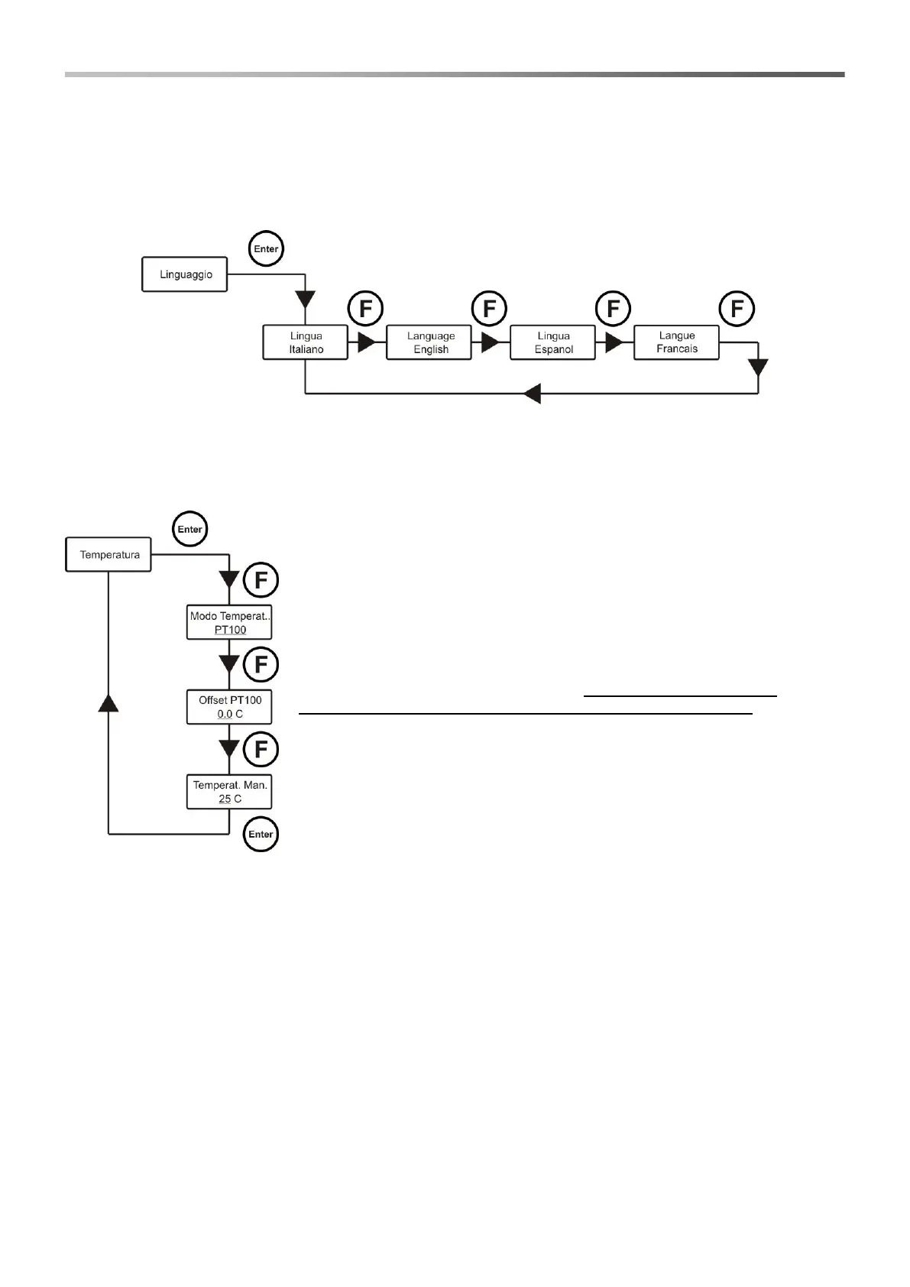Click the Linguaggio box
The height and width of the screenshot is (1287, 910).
pyautogui.click(x=185, y=274)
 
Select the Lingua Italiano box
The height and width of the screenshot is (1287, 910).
pyautogui.click(x=305, y=342)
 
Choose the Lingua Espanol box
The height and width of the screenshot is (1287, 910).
pyautogui.click(x=552, y=342)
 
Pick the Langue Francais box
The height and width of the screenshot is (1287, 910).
pyautogui.click(x=676, y=342)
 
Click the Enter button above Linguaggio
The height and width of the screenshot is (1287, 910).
pyautogui.click(x=266, y=249)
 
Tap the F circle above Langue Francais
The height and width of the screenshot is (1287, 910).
pyautogui.click(x=737, y=309)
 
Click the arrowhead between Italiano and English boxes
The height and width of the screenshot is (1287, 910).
pyautogui.click(x=367, y=342)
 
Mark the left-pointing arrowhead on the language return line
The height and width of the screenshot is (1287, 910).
pyautogui.click(x=533, y=394)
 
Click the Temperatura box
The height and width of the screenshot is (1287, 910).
pyautogui.click(x=109, y=555)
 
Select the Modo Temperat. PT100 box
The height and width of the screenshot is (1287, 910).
pyautogui.click(x=229, y=623)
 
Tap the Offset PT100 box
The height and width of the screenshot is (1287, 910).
pyautogui.click(x=229, y=707)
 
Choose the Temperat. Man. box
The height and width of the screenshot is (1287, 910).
pyautogui.click(x=229, y=792)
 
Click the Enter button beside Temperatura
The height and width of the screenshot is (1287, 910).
pyautogui.click(x=189, y=529)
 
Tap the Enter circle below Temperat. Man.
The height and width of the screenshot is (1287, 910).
pyautogui.click(x=261, y=834)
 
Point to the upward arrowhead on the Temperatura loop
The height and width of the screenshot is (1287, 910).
pyautogui.click(x=108, y=702)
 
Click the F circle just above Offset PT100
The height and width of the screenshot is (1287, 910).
pyautogui.click(x=261, y=665)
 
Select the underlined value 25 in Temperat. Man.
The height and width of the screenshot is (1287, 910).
pyautogui.click(x=225, y=799)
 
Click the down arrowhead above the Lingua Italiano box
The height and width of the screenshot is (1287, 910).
pyautogui.click(x=305, y=298)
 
